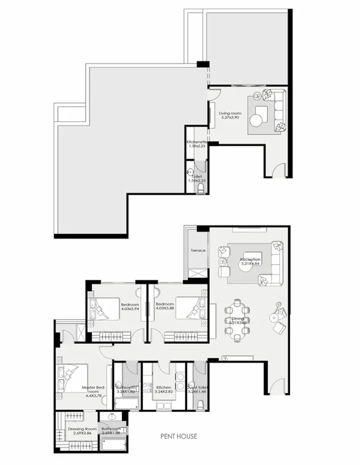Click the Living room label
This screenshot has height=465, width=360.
(230, 113)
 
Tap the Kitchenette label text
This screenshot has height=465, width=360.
(197, 142)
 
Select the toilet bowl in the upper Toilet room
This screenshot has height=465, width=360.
(201, 189)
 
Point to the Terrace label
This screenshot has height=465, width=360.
(198, 251)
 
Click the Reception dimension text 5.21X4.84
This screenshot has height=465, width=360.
(250, 264)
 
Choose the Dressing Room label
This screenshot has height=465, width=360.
(80, 429)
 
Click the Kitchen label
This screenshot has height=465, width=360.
(164, 387)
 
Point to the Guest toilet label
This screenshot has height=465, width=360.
(198, 387)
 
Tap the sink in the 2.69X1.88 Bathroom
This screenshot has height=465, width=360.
(111, 418)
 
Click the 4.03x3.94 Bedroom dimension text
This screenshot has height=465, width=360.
(130, 308)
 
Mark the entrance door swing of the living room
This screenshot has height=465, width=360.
(279, 170)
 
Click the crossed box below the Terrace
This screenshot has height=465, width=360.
(197, 274)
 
